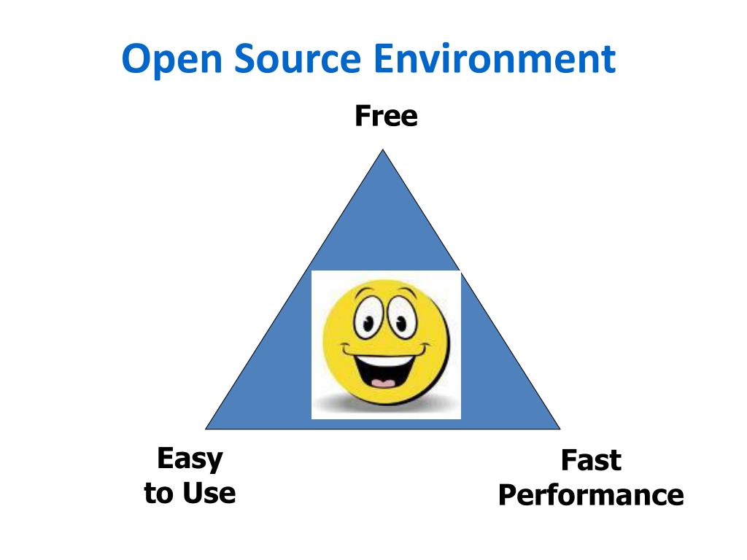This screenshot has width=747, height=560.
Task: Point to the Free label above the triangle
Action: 386,116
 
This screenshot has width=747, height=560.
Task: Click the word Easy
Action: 190,459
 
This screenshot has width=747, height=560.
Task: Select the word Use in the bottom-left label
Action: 209,494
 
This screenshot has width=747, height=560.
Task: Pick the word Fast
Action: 591,461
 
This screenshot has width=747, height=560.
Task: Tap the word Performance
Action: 591,495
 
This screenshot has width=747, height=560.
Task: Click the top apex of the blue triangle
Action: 382,151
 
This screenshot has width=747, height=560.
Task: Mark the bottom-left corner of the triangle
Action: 207,428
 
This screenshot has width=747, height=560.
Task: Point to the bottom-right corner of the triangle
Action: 558,428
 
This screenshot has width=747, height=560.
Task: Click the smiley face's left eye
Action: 365,319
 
